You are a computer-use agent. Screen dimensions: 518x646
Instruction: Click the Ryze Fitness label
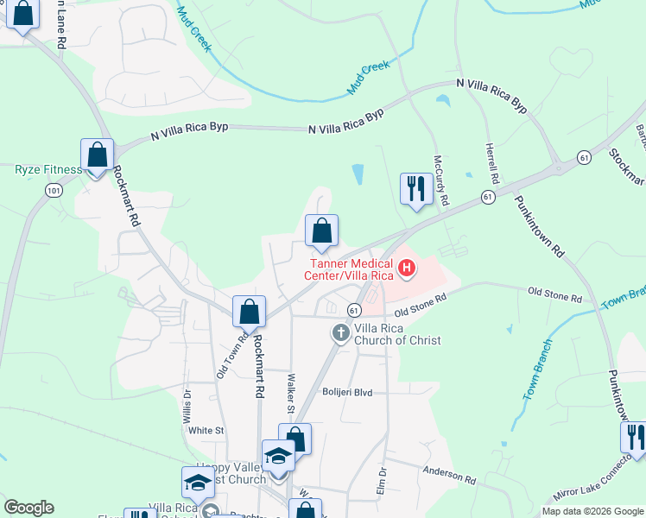click(48, 169)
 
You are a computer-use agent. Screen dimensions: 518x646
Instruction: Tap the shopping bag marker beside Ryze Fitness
click(98, 157)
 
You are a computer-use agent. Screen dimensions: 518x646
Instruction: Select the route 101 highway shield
click(54, 190)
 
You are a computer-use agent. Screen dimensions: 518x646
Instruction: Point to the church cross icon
click(341, 332)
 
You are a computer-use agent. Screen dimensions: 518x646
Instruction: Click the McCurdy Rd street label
click(441, 180)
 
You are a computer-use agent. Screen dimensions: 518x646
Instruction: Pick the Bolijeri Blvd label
click(346, 392)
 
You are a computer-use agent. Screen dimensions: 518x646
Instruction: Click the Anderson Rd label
click(449, 474)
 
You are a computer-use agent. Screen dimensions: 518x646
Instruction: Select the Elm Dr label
click(381, 483)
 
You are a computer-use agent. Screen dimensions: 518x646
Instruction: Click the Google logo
click(28, 508)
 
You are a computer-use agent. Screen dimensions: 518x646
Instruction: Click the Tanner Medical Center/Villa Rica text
click(349, 269)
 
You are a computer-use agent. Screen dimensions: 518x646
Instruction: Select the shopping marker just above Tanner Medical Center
click(321, 231)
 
